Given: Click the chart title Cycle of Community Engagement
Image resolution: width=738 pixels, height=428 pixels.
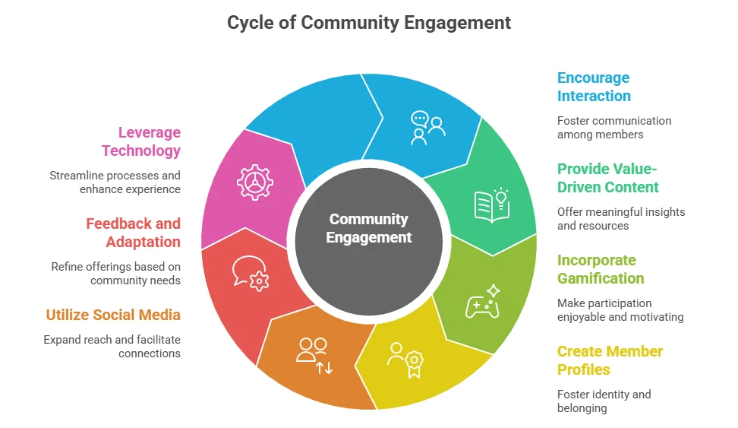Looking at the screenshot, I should coord(369,23).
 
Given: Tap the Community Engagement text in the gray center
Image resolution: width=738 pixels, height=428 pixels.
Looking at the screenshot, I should coord(369,228).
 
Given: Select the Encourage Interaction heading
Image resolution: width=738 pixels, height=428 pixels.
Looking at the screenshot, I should coord(594,87).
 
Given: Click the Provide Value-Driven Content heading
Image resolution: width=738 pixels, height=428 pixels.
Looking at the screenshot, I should coord(607,178).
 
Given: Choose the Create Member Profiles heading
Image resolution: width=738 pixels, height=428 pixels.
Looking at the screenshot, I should coord(610,360).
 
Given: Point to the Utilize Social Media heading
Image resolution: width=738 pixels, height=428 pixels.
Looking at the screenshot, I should coord(113,315).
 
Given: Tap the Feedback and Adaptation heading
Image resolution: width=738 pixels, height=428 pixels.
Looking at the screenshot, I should coord(133,233).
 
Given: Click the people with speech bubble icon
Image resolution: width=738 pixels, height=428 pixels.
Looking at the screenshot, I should coord(427,127).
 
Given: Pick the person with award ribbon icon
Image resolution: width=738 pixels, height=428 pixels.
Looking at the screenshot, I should coord(405,359).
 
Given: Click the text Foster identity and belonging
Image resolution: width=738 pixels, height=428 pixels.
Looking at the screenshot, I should coord(604,401).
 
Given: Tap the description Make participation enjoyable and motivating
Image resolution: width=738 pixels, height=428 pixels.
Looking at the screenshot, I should coord(620,309).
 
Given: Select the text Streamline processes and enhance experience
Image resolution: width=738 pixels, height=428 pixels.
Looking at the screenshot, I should coord(115,182).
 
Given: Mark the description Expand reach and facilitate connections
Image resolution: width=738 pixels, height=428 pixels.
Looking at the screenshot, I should coord(112,346).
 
